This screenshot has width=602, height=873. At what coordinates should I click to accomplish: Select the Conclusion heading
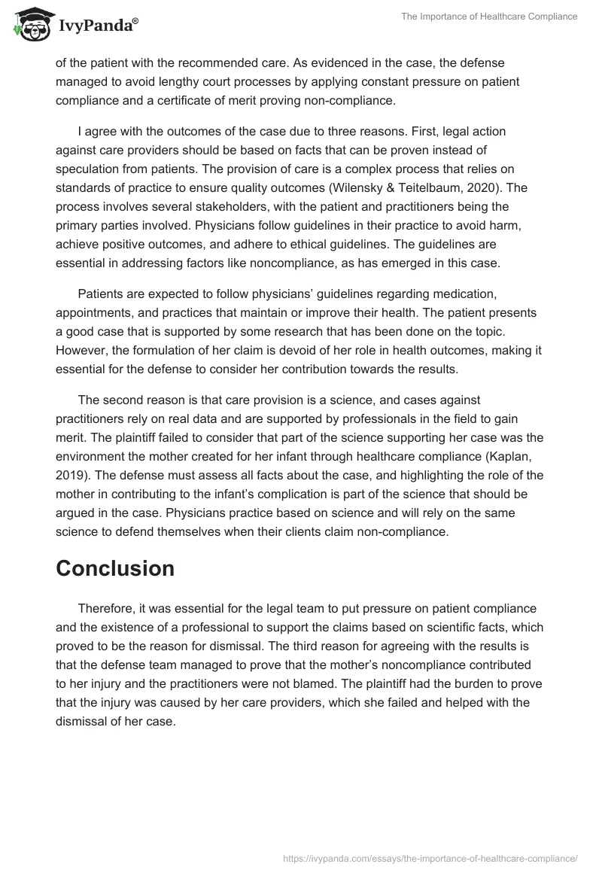coord(115,569)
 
